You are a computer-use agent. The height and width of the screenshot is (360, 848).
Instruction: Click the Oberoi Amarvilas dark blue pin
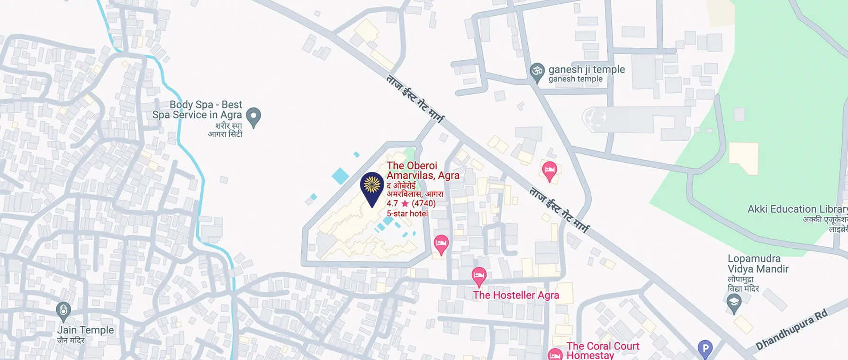click(x=372, y=186)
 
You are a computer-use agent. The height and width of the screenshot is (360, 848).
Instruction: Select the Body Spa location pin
click(x=254, y=116)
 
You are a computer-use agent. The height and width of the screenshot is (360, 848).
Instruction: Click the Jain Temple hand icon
click(x=63, y=311)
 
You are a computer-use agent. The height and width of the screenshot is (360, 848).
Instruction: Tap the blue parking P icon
click(x=705, y=349)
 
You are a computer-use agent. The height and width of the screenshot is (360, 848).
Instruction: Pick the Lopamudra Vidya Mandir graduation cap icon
click(x=733, y=302)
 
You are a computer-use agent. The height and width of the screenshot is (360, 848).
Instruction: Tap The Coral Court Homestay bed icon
click(x=555, y=354)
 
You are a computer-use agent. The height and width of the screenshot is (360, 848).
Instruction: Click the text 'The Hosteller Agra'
click(x=516, y=295)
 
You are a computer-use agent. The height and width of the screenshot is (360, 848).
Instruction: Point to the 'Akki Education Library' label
click(x=797, y=209)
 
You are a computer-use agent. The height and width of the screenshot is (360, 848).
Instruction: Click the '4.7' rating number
click(x=392, y=204)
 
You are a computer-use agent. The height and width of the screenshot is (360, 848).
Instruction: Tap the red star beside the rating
click(x=405, y=204)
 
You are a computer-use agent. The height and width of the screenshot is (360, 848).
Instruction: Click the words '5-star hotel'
click(x=407, y=214)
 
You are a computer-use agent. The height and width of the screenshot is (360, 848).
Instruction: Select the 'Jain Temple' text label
click(x=86, y=330)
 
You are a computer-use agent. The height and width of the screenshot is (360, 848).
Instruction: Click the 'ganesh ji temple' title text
click(x=586, y=69)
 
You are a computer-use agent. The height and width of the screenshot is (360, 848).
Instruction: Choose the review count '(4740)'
click(x=424, y=204)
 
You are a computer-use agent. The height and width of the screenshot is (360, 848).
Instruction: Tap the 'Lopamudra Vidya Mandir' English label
click(x=758, y=264)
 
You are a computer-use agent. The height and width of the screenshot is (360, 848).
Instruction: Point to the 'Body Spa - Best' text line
click(x=206, y=105)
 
